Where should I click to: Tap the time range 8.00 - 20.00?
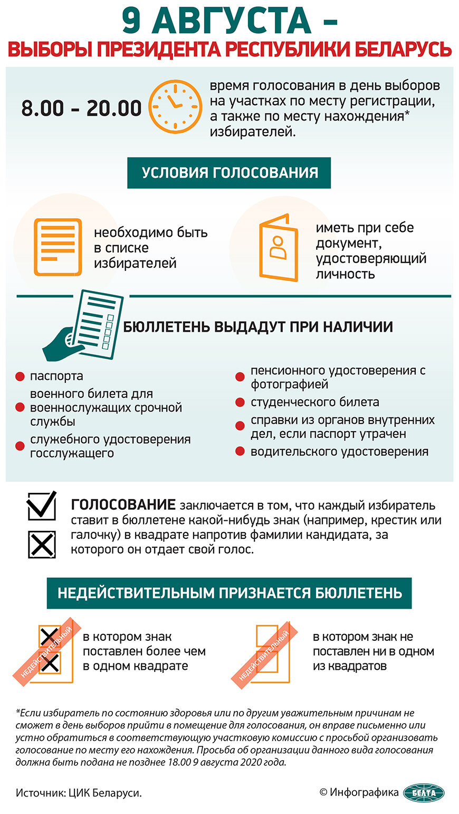click(x=81, y=108)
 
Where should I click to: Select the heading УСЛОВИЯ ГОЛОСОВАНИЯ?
click(x=229, y=173)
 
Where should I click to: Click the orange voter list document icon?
click(x=58, y=247)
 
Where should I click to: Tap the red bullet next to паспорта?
click(x=20, y=377)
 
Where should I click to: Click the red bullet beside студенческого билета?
click(x=240, y=403)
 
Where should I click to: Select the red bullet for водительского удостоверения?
click(x=240, y=452)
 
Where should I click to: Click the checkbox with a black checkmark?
click(x=42, y=506)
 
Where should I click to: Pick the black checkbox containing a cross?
click(x=42, y=545)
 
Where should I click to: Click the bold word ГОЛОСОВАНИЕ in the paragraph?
click(x=123, y=504)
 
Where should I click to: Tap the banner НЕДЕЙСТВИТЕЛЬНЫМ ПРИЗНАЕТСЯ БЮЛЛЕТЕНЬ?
click(x=230, y=593)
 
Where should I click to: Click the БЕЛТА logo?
click(x=424, y=792)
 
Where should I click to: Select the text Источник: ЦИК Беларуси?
click(x=79, y=793)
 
